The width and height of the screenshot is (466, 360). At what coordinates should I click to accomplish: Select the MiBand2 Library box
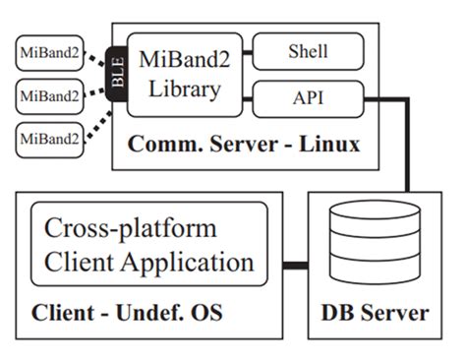[x=181, y=75]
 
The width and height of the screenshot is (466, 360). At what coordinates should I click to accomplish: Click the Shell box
[x=308, y=51]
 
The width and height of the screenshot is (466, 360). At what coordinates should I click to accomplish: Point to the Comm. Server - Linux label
[x=245, y=145]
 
